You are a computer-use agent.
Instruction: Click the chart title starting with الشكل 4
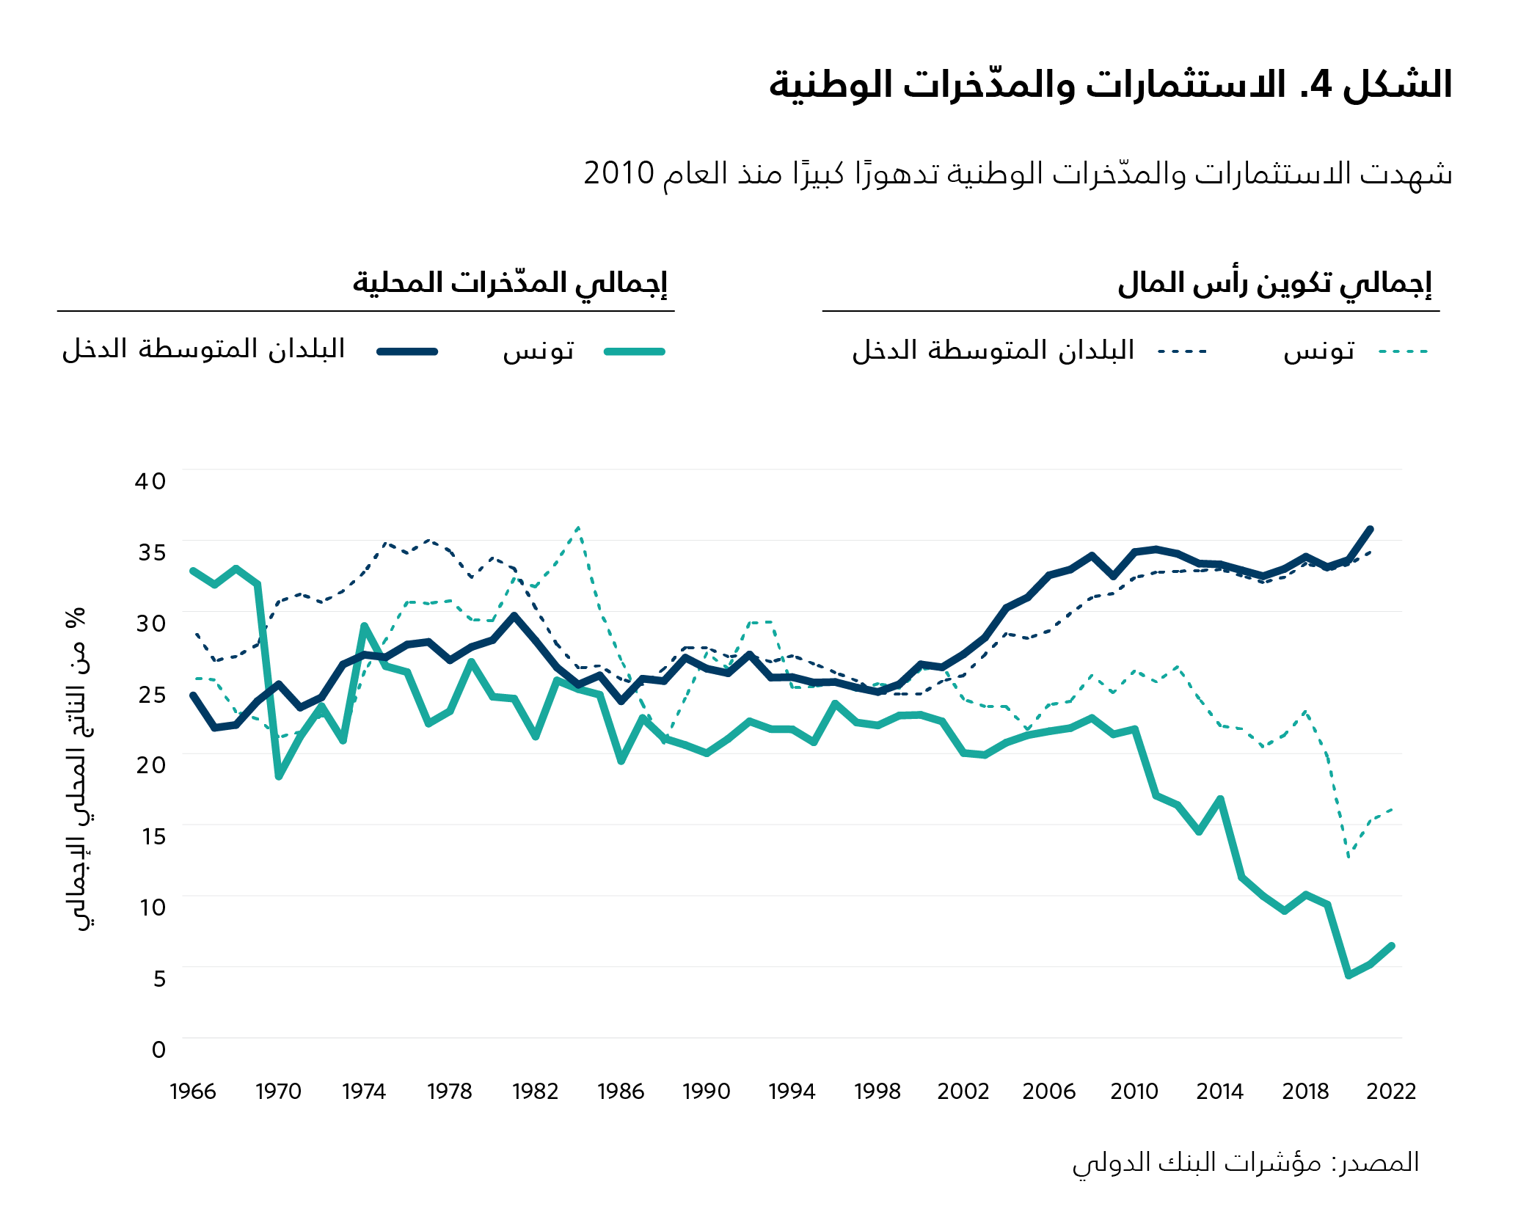(x=1110, y=84)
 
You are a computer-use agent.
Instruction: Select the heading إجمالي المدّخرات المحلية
(x=510, y=282)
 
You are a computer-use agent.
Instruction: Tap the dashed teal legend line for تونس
(x=1403, y=352)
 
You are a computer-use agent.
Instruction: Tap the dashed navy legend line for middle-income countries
(x=1182, y=352)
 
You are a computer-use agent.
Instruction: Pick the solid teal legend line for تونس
(x=635, y=352)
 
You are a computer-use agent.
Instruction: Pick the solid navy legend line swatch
(x=407, y=352)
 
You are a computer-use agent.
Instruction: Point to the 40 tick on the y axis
(x=150, y=481)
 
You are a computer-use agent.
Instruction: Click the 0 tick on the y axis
(x=158, y=1049)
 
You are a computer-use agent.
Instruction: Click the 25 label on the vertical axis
(x=152, y=694)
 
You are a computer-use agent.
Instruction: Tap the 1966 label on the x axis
(x=193, y=1092)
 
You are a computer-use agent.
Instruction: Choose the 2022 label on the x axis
(x=1391, y=1092)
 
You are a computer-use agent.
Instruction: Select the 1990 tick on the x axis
(x=706, y=1092)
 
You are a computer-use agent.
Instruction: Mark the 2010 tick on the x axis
(x=1134, y=1092)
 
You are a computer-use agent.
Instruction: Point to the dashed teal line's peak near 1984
(x=579, y=527)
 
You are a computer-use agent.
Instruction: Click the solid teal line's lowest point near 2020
(x=1349, y=975)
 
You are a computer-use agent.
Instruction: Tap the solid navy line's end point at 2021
(x=1370, y=529)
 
